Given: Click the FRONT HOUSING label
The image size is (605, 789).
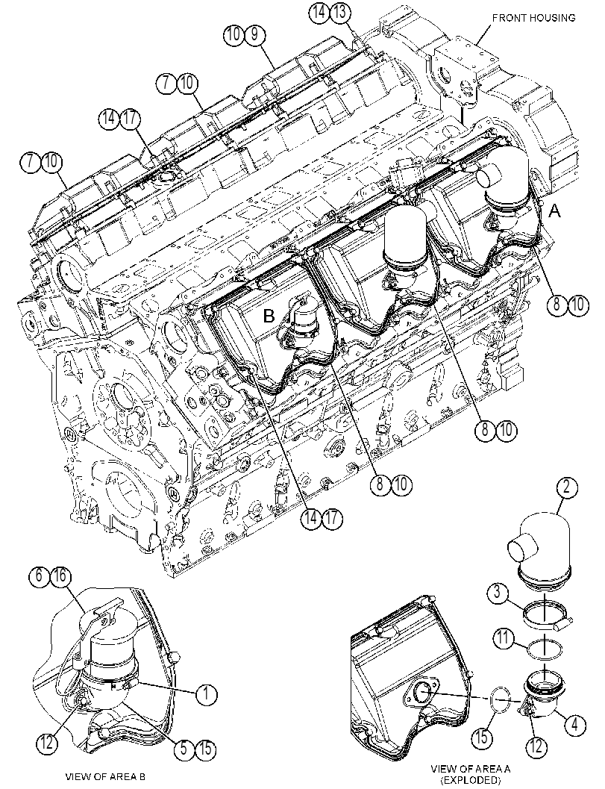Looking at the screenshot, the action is (x=533, y=18).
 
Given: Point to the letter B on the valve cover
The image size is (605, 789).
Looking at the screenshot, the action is (x=269, y=316).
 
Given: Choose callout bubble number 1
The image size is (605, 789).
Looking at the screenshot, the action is (x=206, y=694).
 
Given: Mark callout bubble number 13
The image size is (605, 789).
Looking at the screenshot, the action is (x=340, y=13).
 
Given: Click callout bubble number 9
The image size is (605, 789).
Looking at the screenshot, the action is (x=254, y=35).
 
